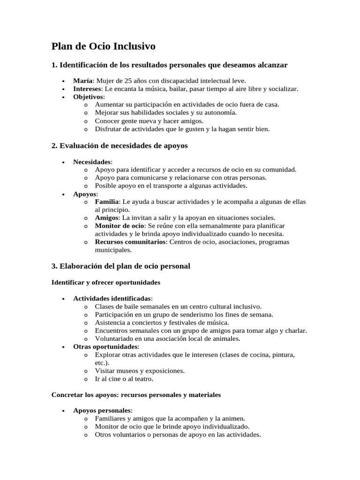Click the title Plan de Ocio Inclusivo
point(103,46)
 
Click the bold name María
point(83,81)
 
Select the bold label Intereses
point(87,89)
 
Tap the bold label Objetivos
point(89,97)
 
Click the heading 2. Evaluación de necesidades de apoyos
point(119,146)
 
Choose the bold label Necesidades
point(92,162)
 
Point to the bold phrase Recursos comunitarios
point(130,242)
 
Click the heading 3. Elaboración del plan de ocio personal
point(120,266)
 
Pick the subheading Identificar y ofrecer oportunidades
point(105,283)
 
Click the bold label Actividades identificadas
point(112,298)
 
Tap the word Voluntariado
point(115,338)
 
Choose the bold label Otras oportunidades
point(105,346)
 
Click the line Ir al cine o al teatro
point(124,378)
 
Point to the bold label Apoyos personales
point(102,410)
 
